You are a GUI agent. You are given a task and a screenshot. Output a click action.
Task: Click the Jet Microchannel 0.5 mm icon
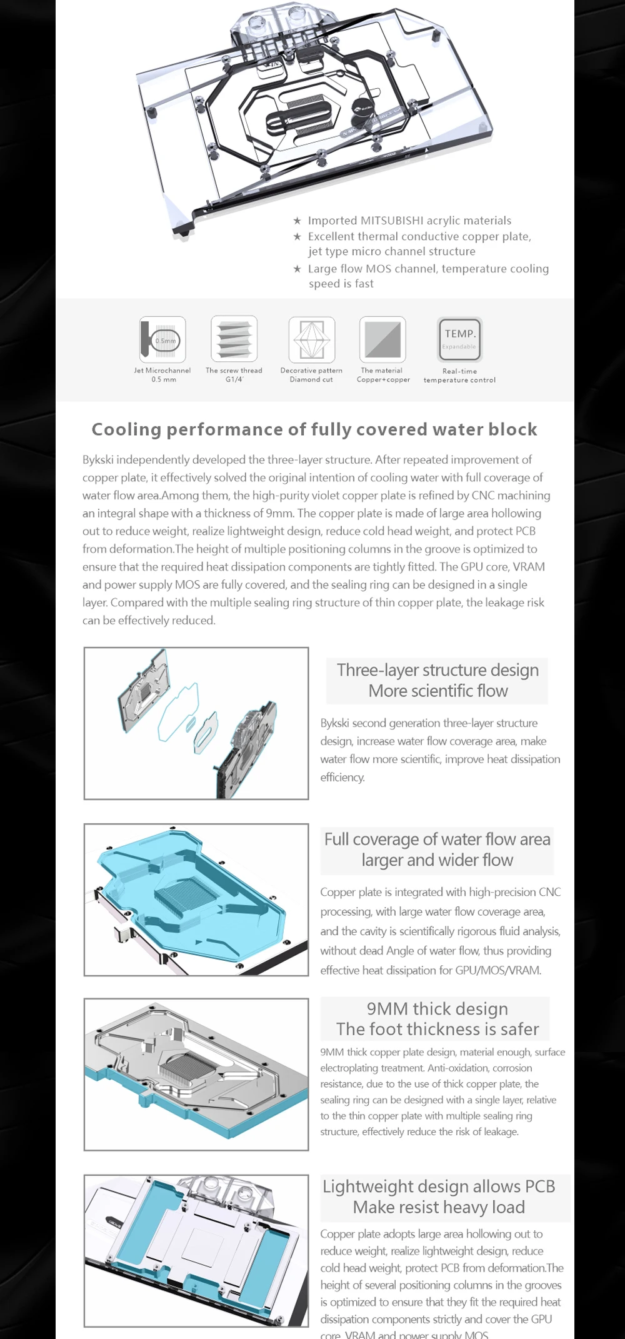tap(162, 339)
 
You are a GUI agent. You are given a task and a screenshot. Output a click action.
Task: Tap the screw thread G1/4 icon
tap(234, 339)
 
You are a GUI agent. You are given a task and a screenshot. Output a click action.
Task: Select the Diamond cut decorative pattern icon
tap(311, 339)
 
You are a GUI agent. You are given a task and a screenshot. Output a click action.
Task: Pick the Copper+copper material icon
tap(382, 339)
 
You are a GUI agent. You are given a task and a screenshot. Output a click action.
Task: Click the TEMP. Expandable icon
tap(459, 339)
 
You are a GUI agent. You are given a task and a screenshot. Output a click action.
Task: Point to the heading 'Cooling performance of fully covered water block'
tap(314, 429)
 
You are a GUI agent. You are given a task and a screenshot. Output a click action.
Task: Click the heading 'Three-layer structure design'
tap(437, 670)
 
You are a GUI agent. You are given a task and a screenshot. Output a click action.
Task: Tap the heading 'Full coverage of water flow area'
tap(437, 839)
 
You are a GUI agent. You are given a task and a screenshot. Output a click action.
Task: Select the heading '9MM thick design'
tap(437, 1008)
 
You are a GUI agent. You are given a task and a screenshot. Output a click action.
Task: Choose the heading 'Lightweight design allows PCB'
tap(438, 1186)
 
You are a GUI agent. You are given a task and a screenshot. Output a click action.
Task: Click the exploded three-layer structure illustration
tap(196, 723)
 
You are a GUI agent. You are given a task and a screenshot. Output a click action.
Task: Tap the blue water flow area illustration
tap(196, 900)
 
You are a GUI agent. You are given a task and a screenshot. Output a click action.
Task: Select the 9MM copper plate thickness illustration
tap(196, 1074)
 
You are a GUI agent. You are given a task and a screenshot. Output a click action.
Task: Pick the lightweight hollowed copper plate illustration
tap(196, 1250)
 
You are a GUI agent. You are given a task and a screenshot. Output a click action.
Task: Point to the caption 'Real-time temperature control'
tap(459, 375)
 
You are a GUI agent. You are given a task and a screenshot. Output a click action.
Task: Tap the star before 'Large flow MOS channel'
tap(297, 269)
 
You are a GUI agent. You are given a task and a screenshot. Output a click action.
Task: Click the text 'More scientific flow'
tap(437, 691)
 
